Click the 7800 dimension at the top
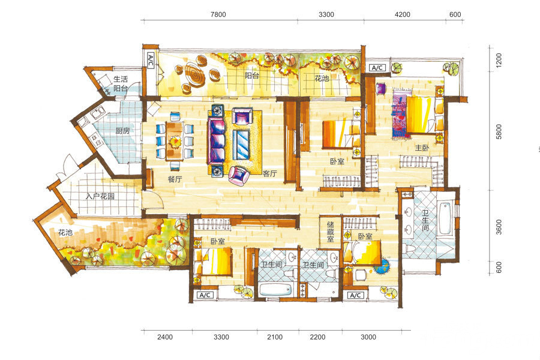pyautogui.click(x=218, y=14)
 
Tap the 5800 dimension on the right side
pyautogui.click(x=499, y=131)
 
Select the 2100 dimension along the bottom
pyautogui.click(x=275, y=337)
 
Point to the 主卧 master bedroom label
pyautogui.click(x=422, y=148)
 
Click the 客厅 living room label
pyautogui.click(x=269, y=173)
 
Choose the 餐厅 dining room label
pyautogui.click(x=175, y=179)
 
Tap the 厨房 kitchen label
pyautogui.click(x=122, y=131)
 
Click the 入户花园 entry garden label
pyautogui.click(x=100, y=196)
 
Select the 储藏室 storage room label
pyautogui.click(x=330, y=231)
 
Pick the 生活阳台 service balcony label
pyautogui.click(x=121, y=84)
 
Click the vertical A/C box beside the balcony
pyautogui.click(x=151, y=61)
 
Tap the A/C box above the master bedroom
pyautogui.click(x=377, y=68)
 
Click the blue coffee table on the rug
pyautogui.click(x=241, y=145)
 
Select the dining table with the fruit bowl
pyautogui.click(x=175, y=140)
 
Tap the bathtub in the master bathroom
pyautogui.click(x=445, y=218)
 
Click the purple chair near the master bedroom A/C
pyautogui.click(x=381, y=89)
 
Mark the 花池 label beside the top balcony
pyautogui.click(x=322, y=79)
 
